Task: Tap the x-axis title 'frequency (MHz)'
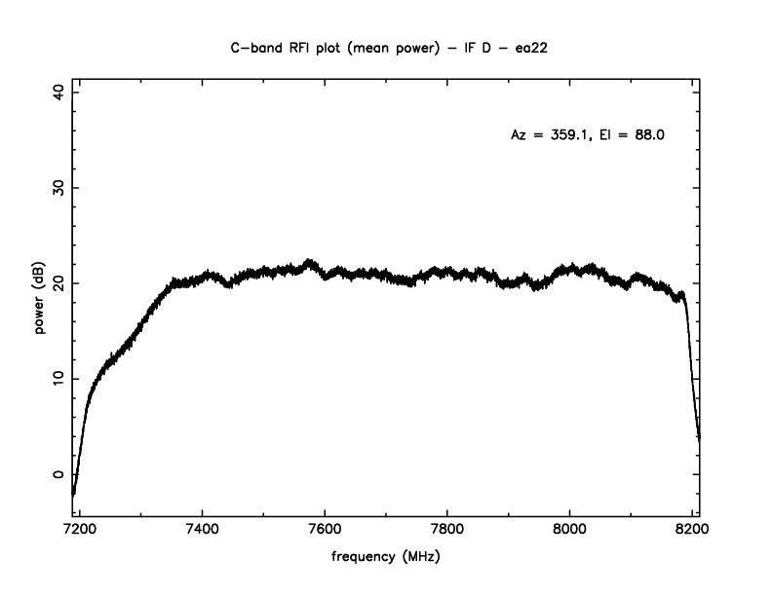pos(385,559)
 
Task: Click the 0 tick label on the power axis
pos(58,475)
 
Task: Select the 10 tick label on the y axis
pos(58,379)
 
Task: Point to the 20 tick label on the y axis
pos(58,283)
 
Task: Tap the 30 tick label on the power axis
pos(58,187)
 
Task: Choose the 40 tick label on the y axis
pos(58,92)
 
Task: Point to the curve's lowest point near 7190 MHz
pos(73,495)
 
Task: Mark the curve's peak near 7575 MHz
pos(309,261)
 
